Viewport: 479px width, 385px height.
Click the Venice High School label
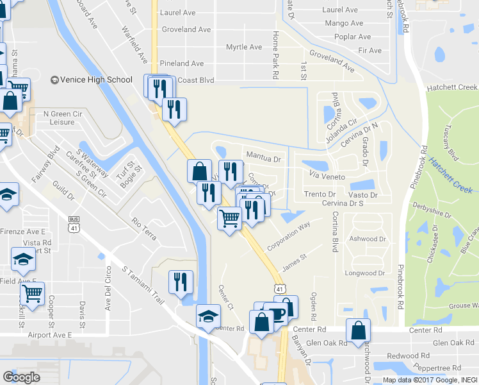(x=96, y=80)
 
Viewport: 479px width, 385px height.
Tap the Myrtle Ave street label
(x=244, y=47)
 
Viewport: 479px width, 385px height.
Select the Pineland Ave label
(x=182, y=64)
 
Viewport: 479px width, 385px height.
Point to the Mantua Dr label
(x=264, y=158)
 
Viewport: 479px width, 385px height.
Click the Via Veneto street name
(x=327, y=176)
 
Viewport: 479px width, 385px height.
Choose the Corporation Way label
(x=288, y=235)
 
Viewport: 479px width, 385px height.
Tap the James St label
(x=295, y=262)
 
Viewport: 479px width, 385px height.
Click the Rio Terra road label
(x=143, y=228)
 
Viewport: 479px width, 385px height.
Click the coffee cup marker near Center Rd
(x=277, y=313)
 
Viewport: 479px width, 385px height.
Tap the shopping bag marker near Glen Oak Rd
(x=358, y=330)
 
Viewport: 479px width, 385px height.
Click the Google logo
(x=21, y=377)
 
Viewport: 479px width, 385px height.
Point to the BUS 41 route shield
(x=74, y=223)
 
